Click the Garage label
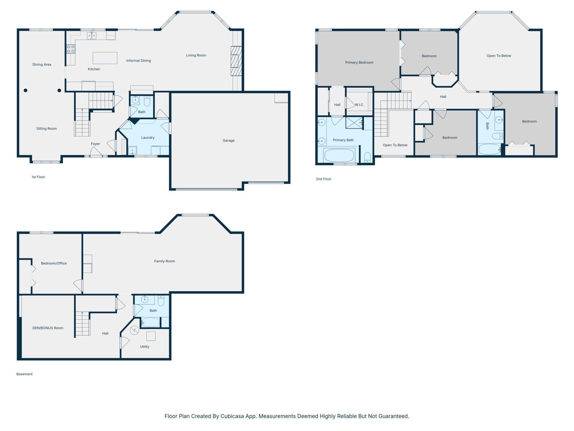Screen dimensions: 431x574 click(x=228, y=140)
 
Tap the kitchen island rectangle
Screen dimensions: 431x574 click(x=105, y=58)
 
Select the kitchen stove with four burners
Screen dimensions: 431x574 click(x=71, y=49)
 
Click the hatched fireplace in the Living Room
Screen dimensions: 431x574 click(x=236, y=61)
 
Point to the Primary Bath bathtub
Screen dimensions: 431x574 click(x=339, y=155)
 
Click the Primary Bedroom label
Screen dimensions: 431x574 click(x=359, y=62)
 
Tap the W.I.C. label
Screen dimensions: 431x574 click(x=359, y=105)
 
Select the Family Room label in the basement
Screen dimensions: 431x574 click(x=164, y=261)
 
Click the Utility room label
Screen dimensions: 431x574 click(x=145, y=346)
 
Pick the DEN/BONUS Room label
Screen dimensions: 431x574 click(x=48, y=328)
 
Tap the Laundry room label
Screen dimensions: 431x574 click(x=148, y=138)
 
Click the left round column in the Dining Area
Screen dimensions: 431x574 click(x=25, y=90)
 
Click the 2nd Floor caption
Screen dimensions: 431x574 click(x=323, y=179)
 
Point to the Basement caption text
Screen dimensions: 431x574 click(x=24, y=374)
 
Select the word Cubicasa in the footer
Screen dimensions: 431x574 click(x=232, y=416)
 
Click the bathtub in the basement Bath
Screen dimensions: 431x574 click(x=150, y=322)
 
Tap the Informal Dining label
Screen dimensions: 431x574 click(x=139, y=61)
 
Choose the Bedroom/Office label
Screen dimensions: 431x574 click(x=54, y=263)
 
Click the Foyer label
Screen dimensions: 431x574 click(x=95, y=144)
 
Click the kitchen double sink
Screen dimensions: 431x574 click(x=92, y=36)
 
